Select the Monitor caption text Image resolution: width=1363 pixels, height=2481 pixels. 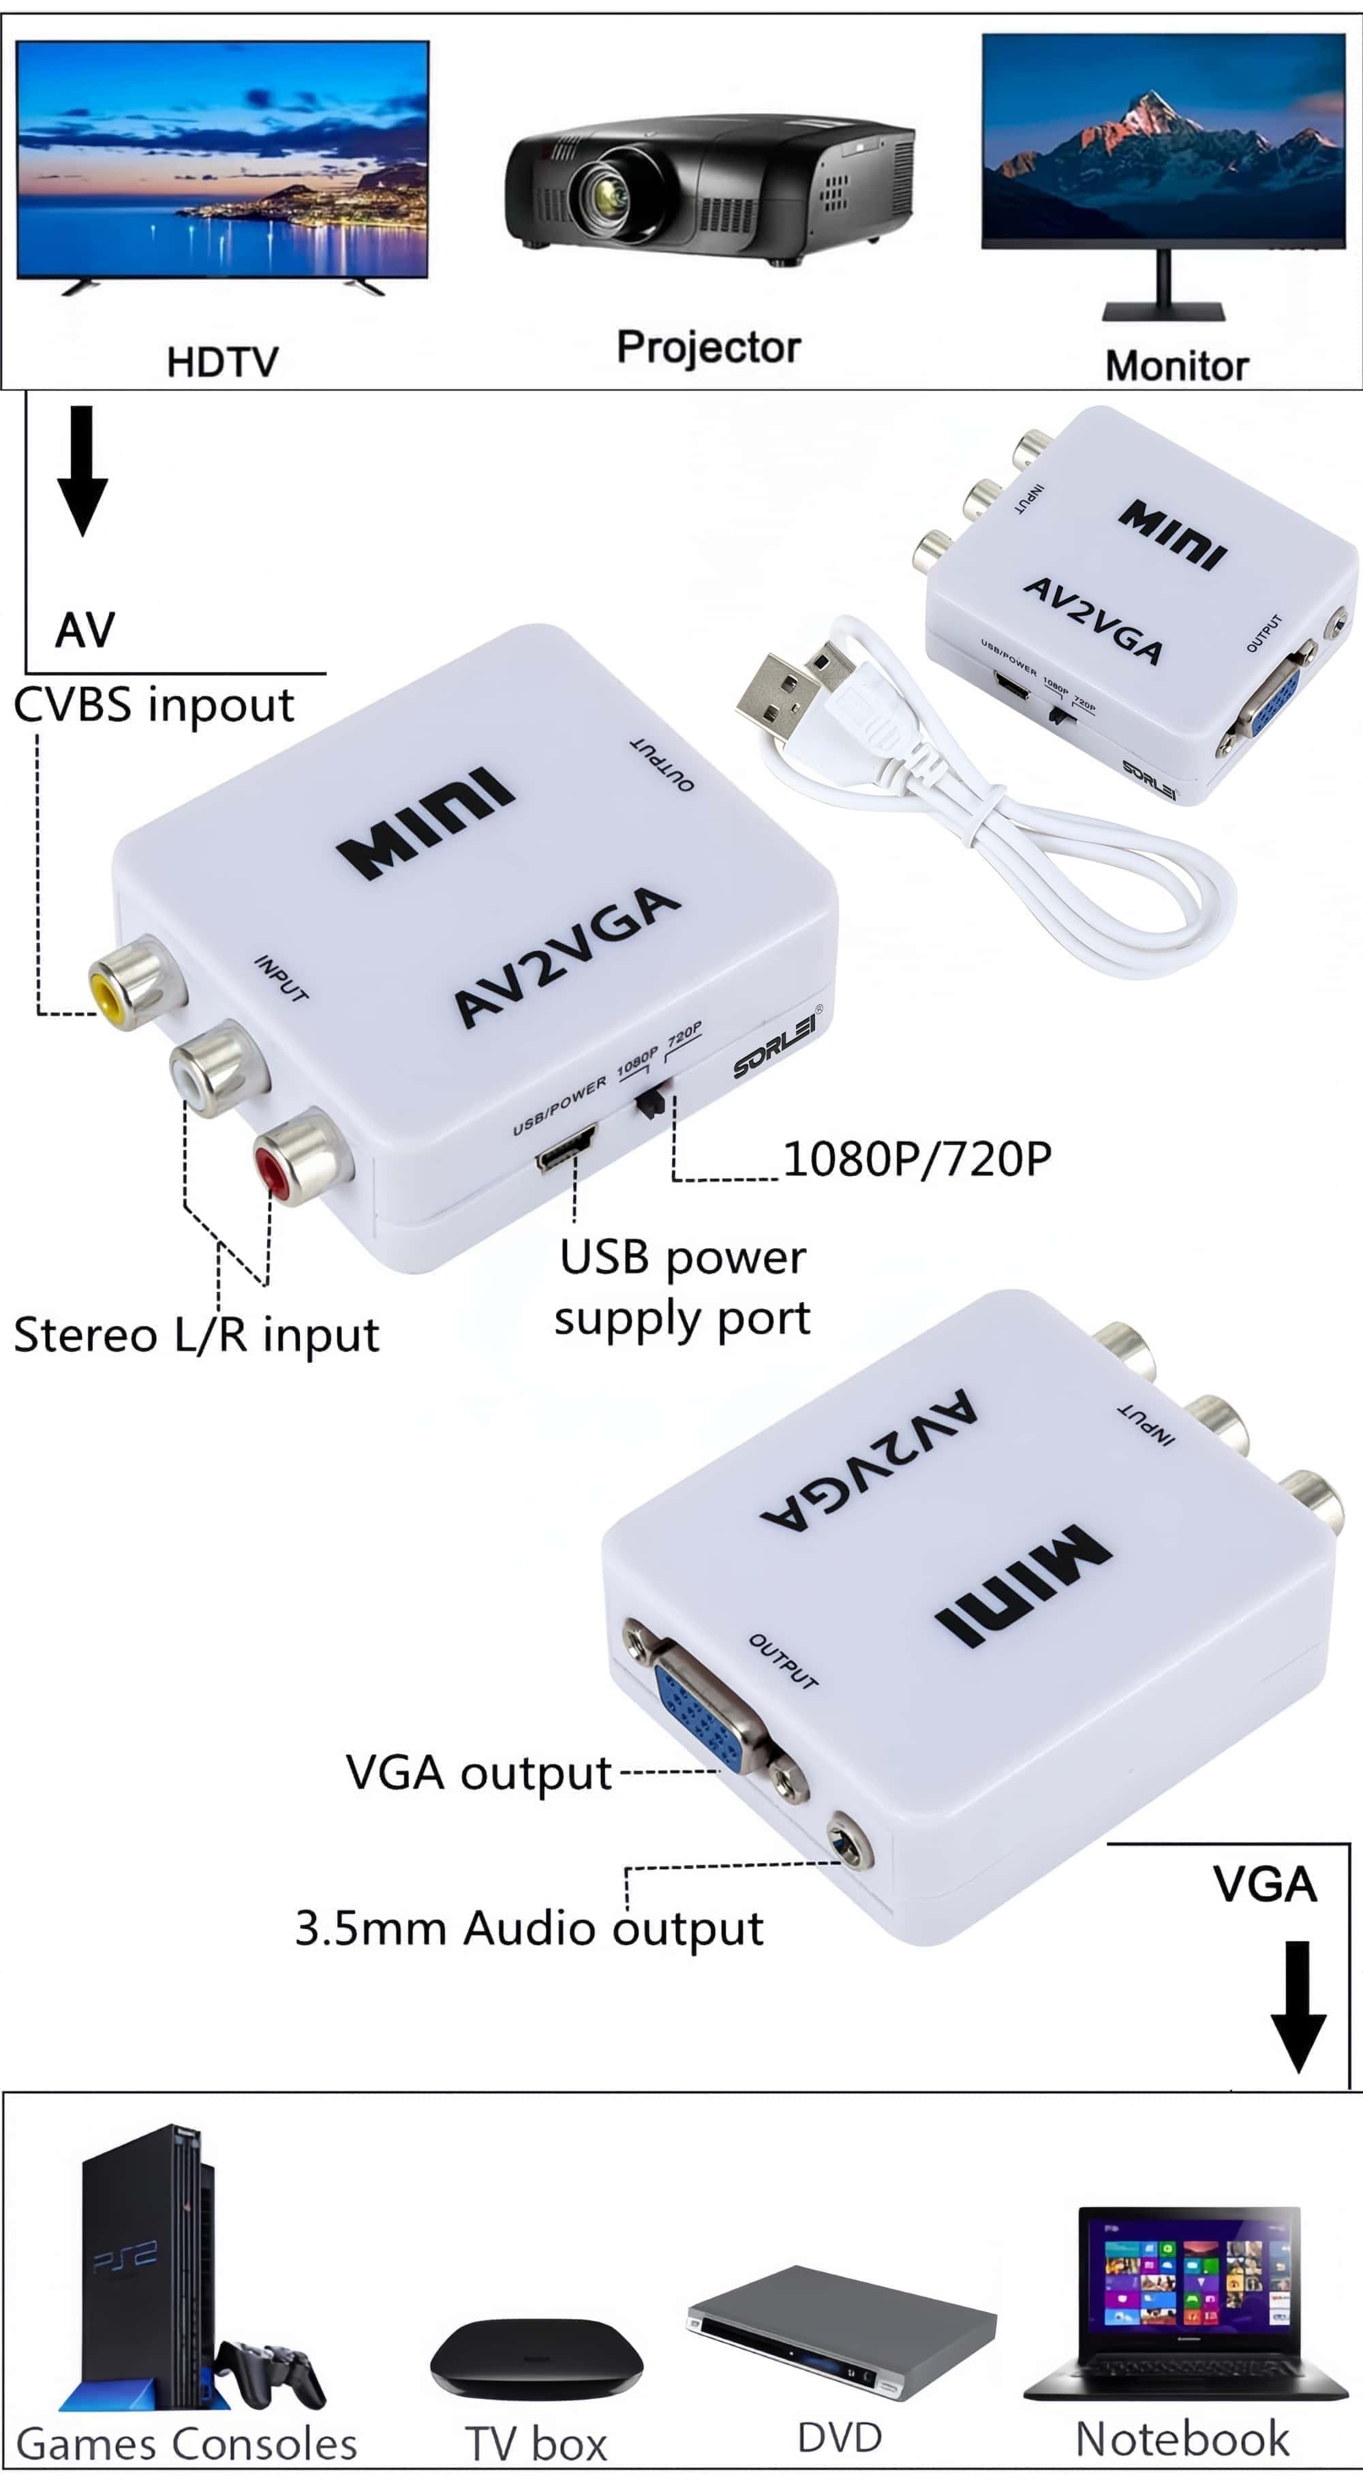pyautogui.click(x=1176, y=366)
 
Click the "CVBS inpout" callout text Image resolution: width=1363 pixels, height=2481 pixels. pyautogui.click(x=154, y=706)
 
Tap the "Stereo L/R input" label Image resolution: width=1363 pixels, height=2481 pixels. pyautogui.click(x=196, y=1336)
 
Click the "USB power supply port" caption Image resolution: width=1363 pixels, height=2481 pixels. pyautogui.click(x=682, y=1286)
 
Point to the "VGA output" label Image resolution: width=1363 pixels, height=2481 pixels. pyautogui.click(x=478, y=1773)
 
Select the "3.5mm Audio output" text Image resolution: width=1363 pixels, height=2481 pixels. pyautogui.click(x=529, y=1929)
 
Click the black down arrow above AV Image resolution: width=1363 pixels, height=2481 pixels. pyautogui.click(x=82, y=469)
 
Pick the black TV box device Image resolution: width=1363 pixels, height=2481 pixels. pyautogui.click(x=536, y=2357)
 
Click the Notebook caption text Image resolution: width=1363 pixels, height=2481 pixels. pyautogui.click(x=1182, y=2439)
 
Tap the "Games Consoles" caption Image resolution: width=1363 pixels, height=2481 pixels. pyautogui.click(x=187, y=2444)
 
